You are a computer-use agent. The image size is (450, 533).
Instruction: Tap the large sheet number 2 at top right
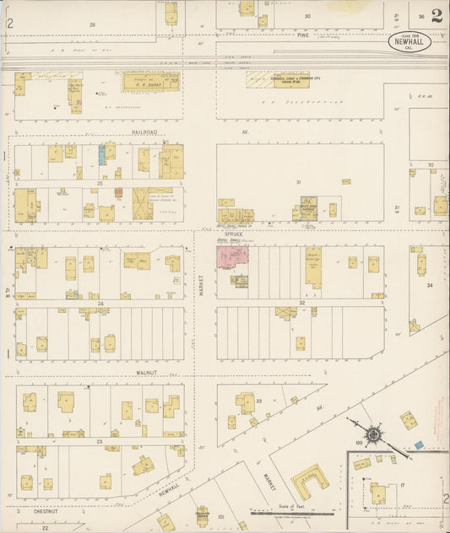pyautogui.click(x=436, y=16)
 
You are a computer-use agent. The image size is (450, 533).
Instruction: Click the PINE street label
pyautogui.click(x=302, y=35)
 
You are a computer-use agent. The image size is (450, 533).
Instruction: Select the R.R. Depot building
pyautogui.click(x=152, y=81)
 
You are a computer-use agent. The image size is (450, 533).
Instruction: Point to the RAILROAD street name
pyautogui.click(x=144, y=132)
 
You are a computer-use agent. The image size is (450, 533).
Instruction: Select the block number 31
pyautogui.click(x=298, y=182)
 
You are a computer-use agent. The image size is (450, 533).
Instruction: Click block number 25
pyautogui.click(x=99, y=182)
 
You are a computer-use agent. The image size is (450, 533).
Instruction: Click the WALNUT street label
pyautogui.click(x=148, y=371)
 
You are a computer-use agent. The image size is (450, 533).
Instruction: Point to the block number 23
pyautogui.click(x=99, y=441)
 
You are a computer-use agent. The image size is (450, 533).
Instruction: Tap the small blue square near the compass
pyautogui.click(x=417, y=444)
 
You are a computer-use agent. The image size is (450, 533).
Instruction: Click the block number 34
pyautogui.click(x=429, y=286)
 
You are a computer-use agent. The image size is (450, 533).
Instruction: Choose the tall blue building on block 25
pyautogui.click(x=102, y=153)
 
